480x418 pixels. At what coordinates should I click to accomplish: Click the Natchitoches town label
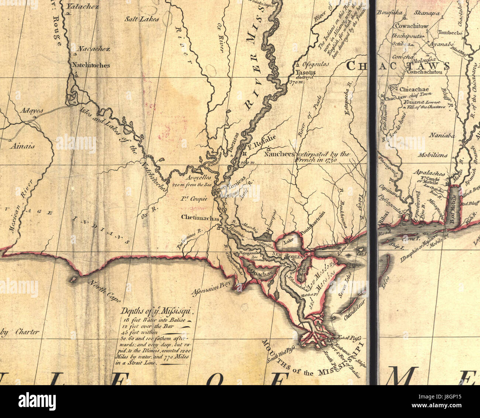pyautogui.click(x=90, y=65)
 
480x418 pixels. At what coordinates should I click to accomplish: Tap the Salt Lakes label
pyautogui.click(x=141, y=19)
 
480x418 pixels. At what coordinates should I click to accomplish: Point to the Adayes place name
pyautogui.click(x=32, y=110)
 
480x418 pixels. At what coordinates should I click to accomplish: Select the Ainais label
pyautogui.click(x=23, y=146)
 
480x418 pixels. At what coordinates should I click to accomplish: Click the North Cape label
pyautogui.click(x=104, y=291)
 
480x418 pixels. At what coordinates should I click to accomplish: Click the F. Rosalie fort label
pyautogui.click(x=262, y=139)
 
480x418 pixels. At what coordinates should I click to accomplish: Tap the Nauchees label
pyautogui.click(x=279, y=154)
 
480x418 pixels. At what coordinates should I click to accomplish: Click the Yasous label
pyautogui.click(x=305, y=72)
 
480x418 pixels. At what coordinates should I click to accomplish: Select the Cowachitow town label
pyautogui.click(x=412, y=26)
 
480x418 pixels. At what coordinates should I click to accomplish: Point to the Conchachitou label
pyautogui.click(x=424, y=72)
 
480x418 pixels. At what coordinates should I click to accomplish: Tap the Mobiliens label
pyautogui.click(x=432, y=155)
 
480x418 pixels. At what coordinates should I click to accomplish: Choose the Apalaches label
pyautogui.click(x=429, y=173)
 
